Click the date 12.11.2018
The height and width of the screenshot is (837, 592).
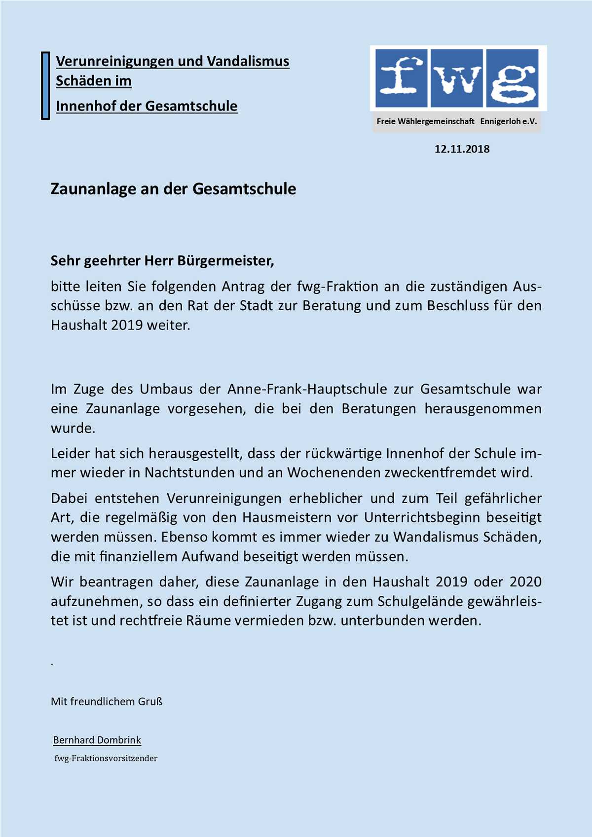pyautogui.click(x=462, y=149)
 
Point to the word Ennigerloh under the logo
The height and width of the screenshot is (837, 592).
pyautogui.click(x=500, y=121)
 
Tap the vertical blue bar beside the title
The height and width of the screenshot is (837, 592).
pyautogui.click(x=45, y=85)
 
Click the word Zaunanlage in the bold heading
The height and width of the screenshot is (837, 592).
pyautogui.click(x=87, y=189)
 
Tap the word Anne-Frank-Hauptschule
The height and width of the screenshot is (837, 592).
pyautogui.click(x=307, y=389)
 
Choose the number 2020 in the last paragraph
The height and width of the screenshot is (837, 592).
pyautogui.click(x=525, y=582)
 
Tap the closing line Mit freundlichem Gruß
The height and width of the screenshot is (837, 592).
pyautogui.click(x=107, y=701)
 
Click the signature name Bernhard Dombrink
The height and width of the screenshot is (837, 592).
pyautogui.click(x=97, y=740)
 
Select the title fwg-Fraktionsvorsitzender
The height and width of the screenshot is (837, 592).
pyautogui.click(x=106, y=758)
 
